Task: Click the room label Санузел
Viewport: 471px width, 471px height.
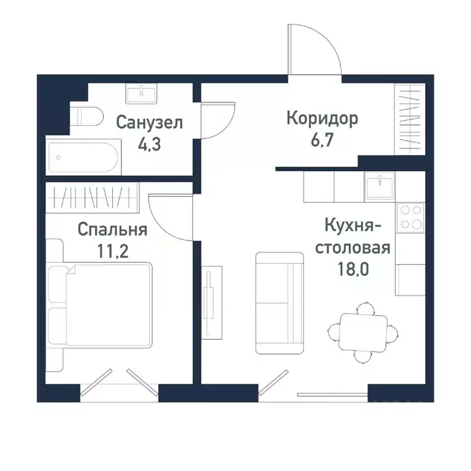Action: tap(150, 123)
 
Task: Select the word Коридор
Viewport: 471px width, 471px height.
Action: tap(322, 118)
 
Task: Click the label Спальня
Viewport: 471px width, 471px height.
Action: tap(112, 229)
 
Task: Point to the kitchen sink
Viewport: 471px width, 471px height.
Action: tap(380, 186)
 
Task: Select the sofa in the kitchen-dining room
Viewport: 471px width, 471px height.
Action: tap(279, 303)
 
